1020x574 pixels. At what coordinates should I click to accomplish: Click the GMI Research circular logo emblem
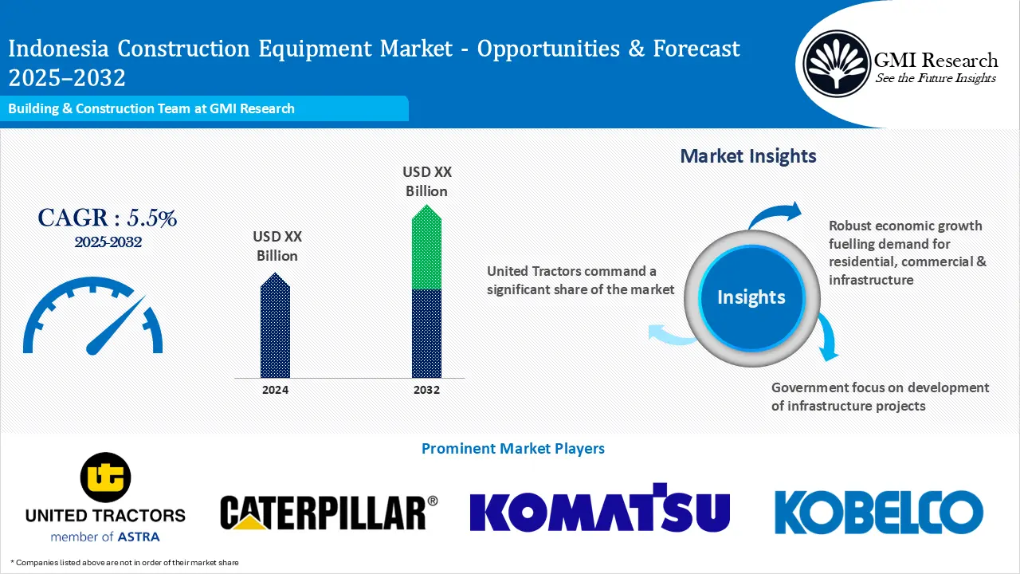[837, 63]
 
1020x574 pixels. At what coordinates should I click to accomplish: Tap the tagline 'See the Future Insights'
[936, 78]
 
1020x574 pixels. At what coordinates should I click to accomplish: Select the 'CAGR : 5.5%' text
[108, 218]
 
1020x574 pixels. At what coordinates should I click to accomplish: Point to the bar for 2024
[275, 327]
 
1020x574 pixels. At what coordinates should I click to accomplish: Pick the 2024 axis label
[275, 390]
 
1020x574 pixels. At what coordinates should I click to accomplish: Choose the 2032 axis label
[426, 390]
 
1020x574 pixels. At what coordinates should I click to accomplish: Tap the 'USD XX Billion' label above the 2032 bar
[426, 182]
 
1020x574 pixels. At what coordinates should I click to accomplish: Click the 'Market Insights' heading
[747, 155]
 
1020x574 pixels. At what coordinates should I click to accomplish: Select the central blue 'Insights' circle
[751, 297]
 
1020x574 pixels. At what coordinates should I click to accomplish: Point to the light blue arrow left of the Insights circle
[669, 334]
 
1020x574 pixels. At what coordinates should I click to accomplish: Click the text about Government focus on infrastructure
[880, 396]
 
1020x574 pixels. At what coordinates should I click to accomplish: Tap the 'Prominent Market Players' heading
[512, 449]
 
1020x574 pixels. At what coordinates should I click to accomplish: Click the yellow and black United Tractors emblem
[105, 477]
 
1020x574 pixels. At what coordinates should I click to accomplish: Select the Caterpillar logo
[328, 512]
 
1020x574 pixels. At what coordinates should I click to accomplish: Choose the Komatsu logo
[599, 508]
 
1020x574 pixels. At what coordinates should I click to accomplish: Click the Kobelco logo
[878, 511]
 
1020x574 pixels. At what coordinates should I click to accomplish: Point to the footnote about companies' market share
[124, 563]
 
